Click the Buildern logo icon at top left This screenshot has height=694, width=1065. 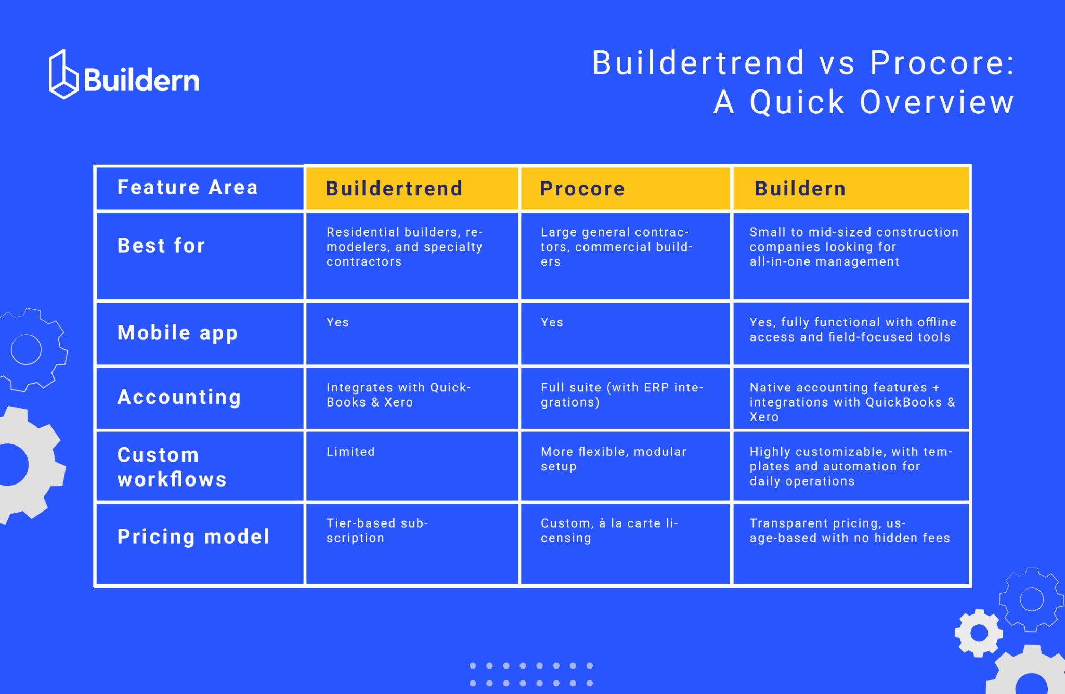(63, 75)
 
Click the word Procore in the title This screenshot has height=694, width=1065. (942, 63)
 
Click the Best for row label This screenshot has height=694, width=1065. (162, 246)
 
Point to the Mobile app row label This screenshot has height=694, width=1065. (178, 333)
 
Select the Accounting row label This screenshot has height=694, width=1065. (179, 398)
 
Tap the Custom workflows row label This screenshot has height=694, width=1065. (172, 467)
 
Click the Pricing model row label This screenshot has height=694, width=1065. (193, 537)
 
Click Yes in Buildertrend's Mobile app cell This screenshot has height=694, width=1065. (338, 323)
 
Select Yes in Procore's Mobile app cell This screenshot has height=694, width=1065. (552, 323)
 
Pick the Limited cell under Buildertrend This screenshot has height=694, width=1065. (351, 452)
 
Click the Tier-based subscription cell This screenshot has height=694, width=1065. (377, 531)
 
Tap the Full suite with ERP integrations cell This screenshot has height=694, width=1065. (621, 395)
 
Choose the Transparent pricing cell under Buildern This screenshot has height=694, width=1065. (849, 531)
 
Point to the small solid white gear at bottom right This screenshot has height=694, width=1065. (979, 633)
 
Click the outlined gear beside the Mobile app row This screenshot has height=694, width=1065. (29, 349)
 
